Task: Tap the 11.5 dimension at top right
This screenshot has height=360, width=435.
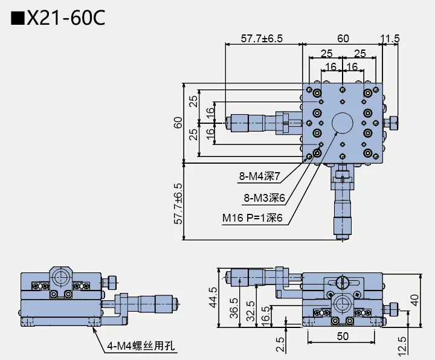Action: [390, 39]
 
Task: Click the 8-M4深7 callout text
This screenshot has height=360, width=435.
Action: [259, 177]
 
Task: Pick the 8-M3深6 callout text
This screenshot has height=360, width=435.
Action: [264, 198]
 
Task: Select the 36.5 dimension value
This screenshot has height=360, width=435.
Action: [234, 306]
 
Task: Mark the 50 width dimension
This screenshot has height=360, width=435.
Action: [343, 335]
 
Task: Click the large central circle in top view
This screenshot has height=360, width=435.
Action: [343, 123]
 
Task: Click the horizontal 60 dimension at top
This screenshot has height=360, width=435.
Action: [343, 39]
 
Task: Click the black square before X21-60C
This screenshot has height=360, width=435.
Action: [18, 18]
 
